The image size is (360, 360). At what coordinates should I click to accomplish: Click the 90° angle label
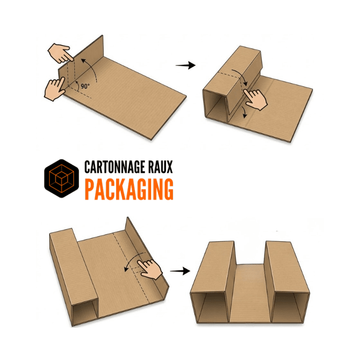85,86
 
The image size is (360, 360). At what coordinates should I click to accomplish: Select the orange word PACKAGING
129,189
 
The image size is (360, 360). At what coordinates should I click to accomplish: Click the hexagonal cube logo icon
62,178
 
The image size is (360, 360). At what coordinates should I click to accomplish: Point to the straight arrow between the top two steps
185,65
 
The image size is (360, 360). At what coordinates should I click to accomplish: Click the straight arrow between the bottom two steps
180,271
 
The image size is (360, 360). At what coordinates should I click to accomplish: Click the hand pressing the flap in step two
256,99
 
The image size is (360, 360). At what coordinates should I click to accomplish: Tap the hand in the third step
150,269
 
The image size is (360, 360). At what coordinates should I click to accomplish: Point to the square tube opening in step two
215,104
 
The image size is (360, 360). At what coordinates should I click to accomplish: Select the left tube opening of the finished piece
211,307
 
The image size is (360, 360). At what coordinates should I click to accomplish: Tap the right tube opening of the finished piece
290,307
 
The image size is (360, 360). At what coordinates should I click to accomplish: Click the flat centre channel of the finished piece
250,294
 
